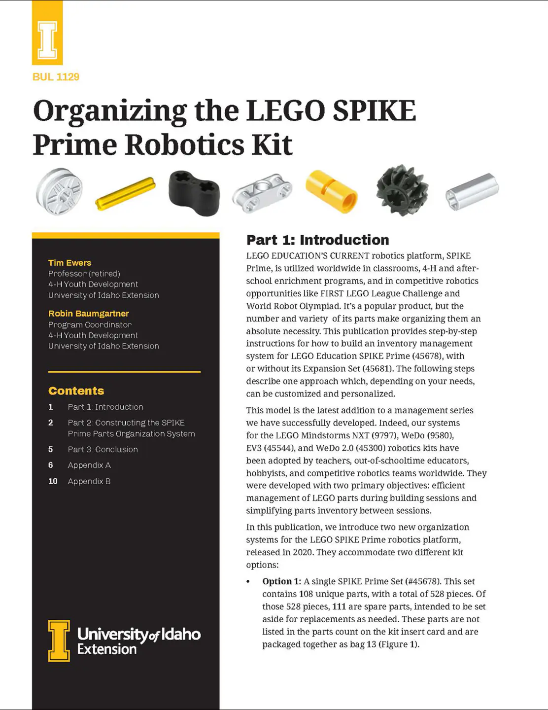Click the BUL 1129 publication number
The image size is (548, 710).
56,77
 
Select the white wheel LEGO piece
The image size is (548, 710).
59,191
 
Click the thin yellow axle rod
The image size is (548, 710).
125,193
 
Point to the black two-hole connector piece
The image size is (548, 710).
194,193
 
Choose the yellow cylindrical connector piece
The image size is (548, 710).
331,192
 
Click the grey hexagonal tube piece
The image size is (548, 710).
472,191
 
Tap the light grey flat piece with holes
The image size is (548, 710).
262,193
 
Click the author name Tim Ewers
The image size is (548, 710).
69,263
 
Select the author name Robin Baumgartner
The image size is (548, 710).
89,314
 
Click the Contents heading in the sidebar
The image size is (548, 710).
76,391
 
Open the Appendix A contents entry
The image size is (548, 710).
89,465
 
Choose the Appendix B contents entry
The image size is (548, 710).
89,481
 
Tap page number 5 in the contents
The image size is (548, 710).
51,449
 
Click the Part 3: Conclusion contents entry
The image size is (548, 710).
103,449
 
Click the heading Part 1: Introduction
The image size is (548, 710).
317,240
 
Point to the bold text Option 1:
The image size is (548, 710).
281,581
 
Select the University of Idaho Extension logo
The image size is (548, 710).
124,640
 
